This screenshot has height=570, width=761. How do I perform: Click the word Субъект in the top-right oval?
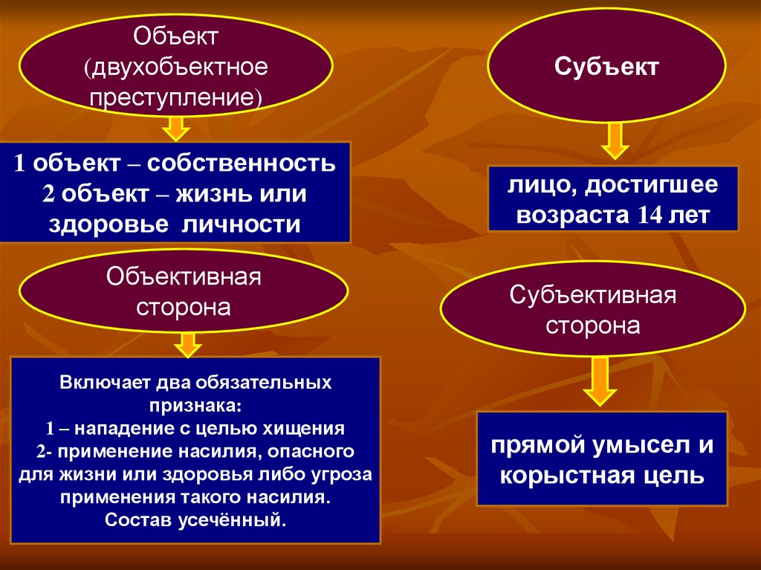click(605, 68)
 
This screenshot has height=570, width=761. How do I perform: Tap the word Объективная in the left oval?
click(184, 277)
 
